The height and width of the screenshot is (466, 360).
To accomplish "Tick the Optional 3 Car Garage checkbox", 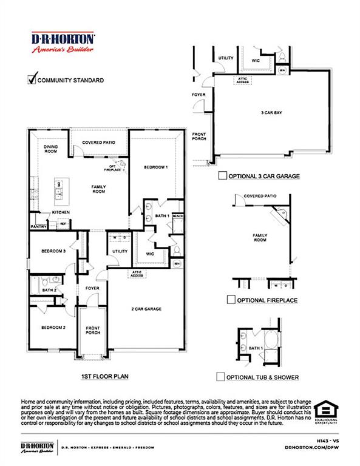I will point(222,177).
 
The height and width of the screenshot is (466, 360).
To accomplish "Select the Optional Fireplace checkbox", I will point(231,300).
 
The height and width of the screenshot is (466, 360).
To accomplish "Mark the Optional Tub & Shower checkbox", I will point(221,377).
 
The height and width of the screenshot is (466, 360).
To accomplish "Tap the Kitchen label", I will point(61,212).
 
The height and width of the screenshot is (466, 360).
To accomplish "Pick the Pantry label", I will point(39,227).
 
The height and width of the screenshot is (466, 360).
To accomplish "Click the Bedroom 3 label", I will point(53,251).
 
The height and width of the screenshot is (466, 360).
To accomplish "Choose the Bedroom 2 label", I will point(53,328).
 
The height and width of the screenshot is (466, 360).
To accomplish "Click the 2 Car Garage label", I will point(147,309).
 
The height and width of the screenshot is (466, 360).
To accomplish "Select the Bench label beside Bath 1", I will point(178,215).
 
